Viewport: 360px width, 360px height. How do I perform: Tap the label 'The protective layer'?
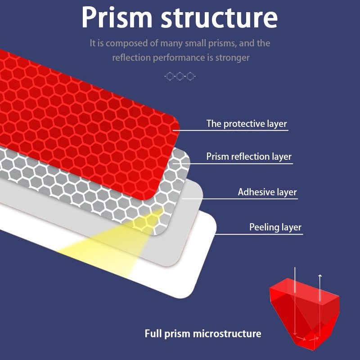(246, 123)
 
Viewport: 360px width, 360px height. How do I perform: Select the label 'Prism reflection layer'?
(249, 157)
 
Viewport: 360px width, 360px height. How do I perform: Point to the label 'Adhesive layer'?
(267, 192)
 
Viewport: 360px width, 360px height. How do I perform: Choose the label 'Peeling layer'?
(275, 227)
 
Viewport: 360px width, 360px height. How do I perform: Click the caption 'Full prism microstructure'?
(202, 333)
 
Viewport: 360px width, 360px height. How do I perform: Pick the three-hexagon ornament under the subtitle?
(180, 76)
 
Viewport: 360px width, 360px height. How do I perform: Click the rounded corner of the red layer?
(173, 121)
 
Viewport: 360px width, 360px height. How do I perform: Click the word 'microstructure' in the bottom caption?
(227, 333)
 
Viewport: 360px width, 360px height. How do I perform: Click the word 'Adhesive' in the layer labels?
(256, 192)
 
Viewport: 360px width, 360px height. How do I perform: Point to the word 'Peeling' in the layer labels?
(265, 227)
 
